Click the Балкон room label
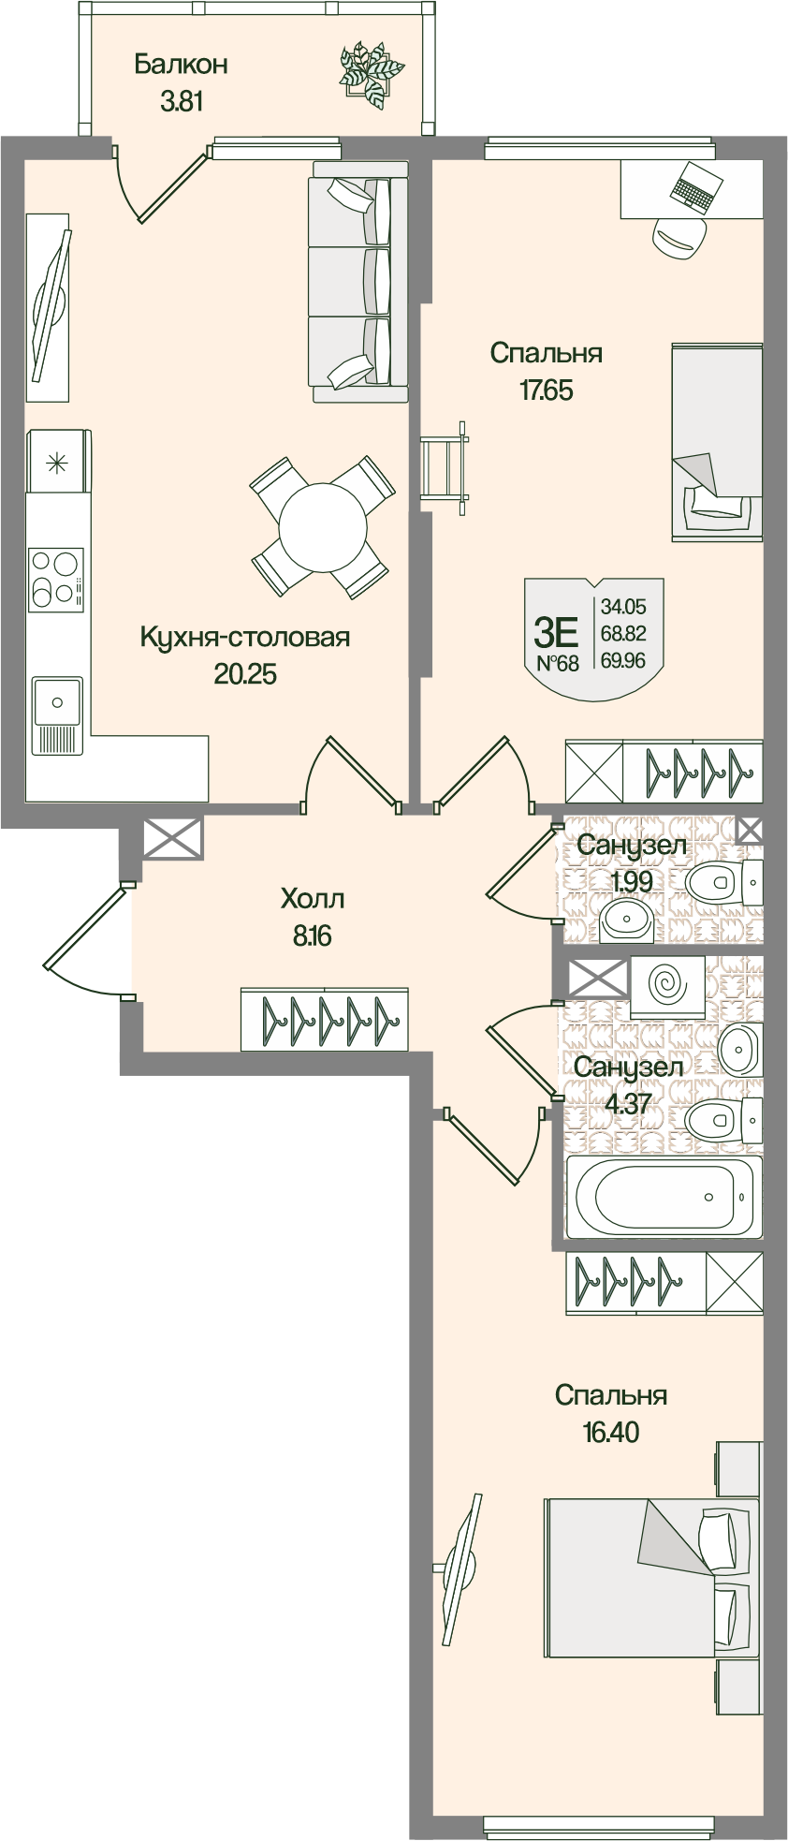click(181, 65)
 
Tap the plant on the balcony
click(371, 71)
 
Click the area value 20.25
click(245, 674)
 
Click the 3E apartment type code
click(556, 634)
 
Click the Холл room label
click(313, 899)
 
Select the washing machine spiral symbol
click(667, 985)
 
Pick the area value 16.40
click(610, 1432)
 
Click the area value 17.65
click(546, 390)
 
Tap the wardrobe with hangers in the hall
click(324, 1018)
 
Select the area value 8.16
click(313, 935)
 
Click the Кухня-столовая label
click(244, 638)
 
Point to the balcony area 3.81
click(181, 101)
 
